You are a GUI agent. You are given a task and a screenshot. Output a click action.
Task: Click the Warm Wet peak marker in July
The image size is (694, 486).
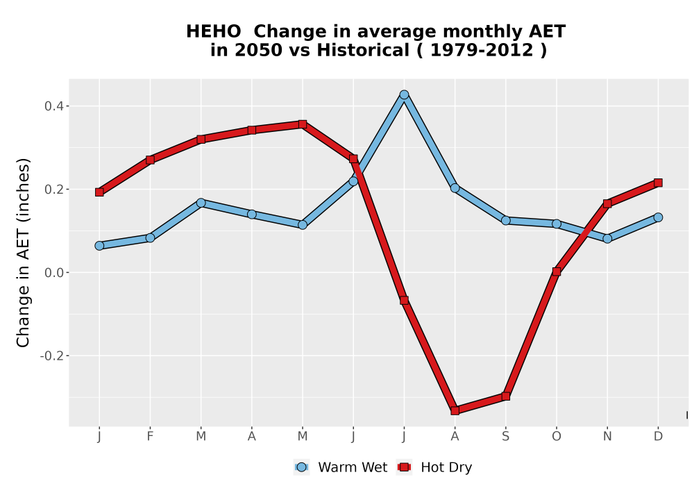404,94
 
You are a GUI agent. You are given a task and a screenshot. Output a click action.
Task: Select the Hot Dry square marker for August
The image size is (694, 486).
455,410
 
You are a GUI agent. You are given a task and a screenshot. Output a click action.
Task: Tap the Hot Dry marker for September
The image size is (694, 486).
506,396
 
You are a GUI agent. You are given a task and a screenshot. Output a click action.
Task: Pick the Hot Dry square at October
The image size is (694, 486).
557,271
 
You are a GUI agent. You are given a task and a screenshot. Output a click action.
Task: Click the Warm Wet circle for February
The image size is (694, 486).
150,237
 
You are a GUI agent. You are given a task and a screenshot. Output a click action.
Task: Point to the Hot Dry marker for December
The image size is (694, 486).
658,183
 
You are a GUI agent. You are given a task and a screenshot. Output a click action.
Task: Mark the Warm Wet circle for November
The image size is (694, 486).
607,239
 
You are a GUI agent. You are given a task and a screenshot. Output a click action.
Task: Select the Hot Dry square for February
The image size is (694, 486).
150,160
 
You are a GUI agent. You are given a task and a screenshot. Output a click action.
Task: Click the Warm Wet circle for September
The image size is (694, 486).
506,220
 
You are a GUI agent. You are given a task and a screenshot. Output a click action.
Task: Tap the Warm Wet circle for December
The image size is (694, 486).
658,217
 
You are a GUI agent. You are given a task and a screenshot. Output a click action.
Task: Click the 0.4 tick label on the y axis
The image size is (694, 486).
54,106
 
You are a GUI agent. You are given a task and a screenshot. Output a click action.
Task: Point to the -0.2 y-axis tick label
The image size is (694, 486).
52,356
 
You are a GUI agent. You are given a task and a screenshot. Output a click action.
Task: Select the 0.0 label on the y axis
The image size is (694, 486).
54,273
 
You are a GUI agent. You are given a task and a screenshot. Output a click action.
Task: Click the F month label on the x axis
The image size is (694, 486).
150,437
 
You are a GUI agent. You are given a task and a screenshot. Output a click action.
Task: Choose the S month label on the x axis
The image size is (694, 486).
506,437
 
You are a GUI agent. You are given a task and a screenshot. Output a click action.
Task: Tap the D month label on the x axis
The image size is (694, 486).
658,437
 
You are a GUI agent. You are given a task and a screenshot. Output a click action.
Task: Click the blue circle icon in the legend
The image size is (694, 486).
301,467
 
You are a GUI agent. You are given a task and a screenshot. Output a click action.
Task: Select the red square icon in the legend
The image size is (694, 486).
404,467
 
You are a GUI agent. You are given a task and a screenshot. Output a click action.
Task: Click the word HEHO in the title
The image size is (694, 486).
214,32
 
